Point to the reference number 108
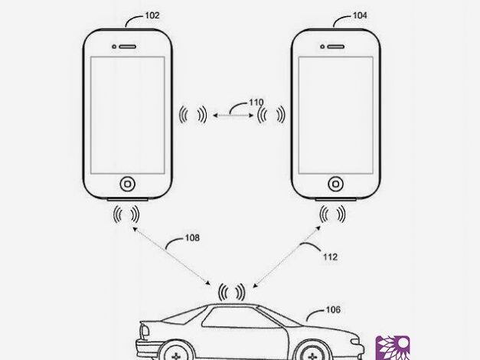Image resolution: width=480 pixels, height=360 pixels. pyautogui.click(x=191, y=238)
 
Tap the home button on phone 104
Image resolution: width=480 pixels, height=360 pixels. pyautogui.click(x=335, y=184)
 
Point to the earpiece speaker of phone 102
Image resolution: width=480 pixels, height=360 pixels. pyautogui.click(x=127, y=46)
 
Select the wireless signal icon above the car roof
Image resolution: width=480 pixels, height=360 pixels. pyautogui.click(x=232, y=292)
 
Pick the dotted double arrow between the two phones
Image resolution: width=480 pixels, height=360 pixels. pyautogui.click(x=233, y=115)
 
